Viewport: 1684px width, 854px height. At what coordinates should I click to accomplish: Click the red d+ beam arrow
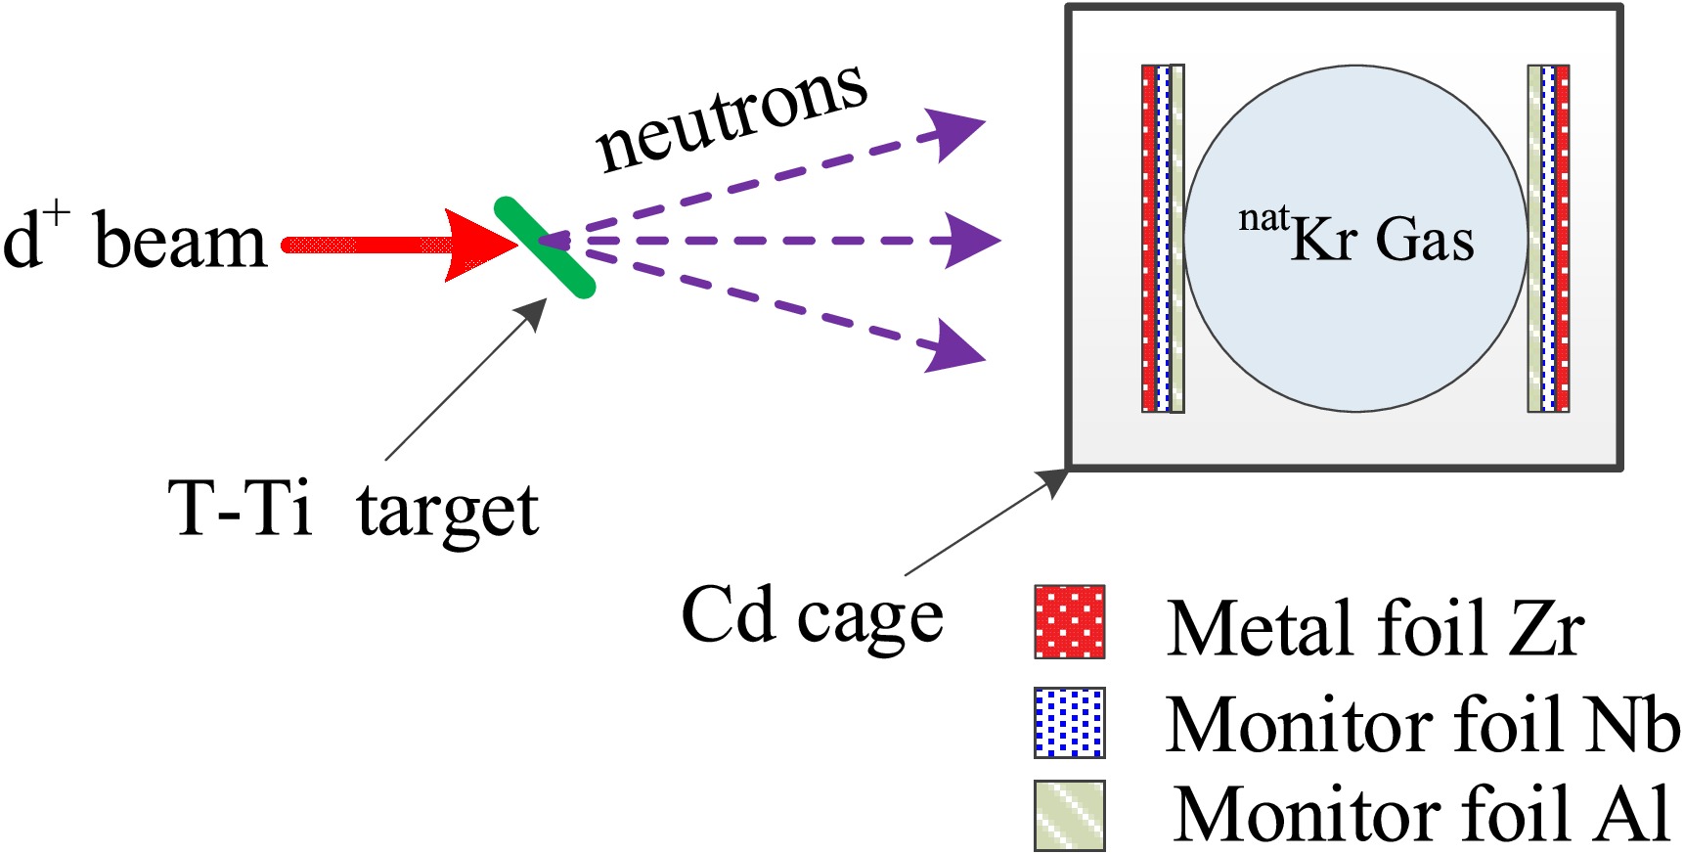click(391, 245)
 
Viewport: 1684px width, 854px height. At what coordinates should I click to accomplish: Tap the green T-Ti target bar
click(544, 247)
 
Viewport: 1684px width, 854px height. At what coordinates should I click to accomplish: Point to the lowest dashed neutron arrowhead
click(954, 348)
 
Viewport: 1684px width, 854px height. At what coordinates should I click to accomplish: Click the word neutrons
click(731, 117)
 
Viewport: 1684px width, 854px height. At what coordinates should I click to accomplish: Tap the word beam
click(180, 243)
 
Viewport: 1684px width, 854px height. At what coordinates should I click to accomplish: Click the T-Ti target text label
click(353, 510)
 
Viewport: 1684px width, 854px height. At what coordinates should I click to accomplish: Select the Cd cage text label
click(812, 616)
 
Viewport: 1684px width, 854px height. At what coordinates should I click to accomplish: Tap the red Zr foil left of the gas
click(1149, 239)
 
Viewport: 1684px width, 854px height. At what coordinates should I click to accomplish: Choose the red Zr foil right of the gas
click(1563, 239)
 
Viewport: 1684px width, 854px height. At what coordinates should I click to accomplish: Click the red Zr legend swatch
click(1070, 622)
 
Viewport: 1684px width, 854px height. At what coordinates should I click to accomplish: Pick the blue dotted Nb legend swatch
click(1070, 723)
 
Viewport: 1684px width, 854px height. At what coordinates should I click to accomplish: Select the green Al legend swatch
click(1070, 815)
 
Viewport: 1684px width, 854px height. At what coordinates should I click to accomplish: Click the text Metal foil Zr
click(1375, 628)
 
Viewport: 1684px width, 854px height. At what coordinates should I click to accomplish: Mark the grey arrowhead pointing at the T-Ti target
click(533, 312)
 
